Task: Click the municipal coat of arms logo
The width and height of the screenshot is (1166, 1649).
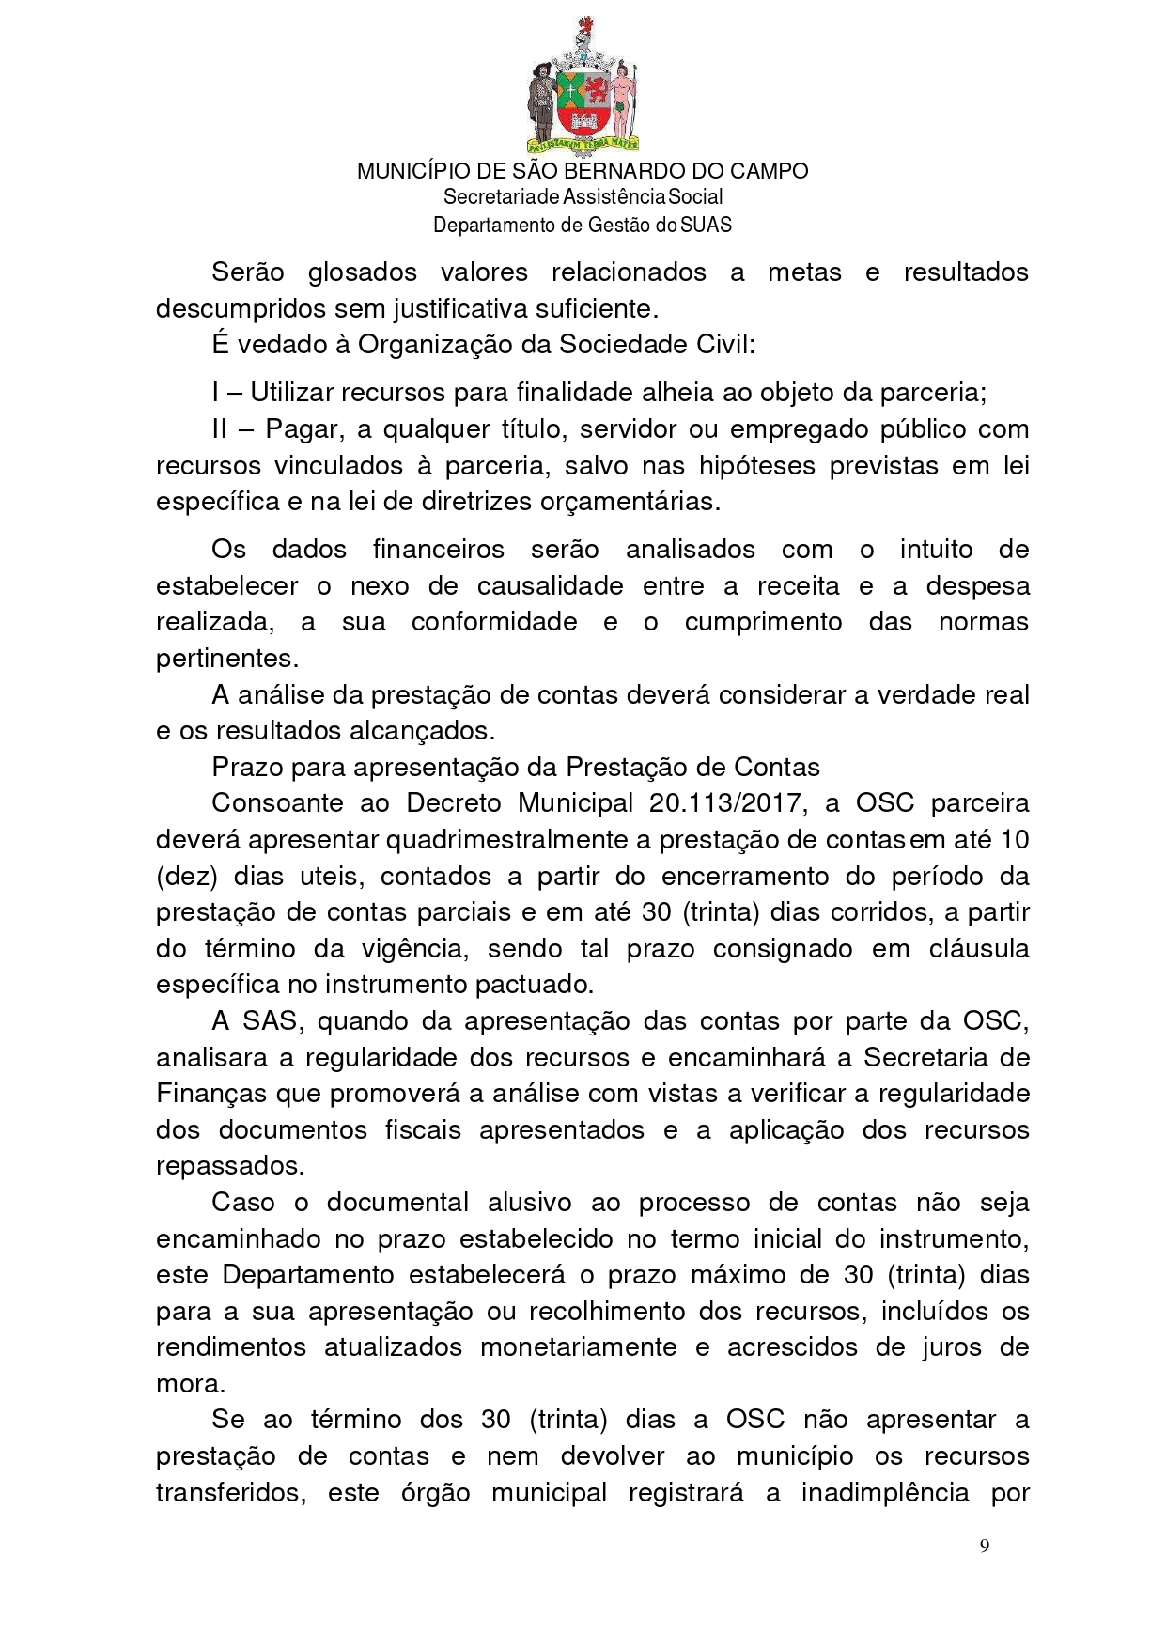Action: [583, 85]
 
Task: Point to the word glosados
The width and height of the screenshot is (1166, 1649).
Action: [362, 272]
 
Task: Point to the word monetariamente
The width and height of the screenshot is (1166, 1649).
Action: [578, 1347]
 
